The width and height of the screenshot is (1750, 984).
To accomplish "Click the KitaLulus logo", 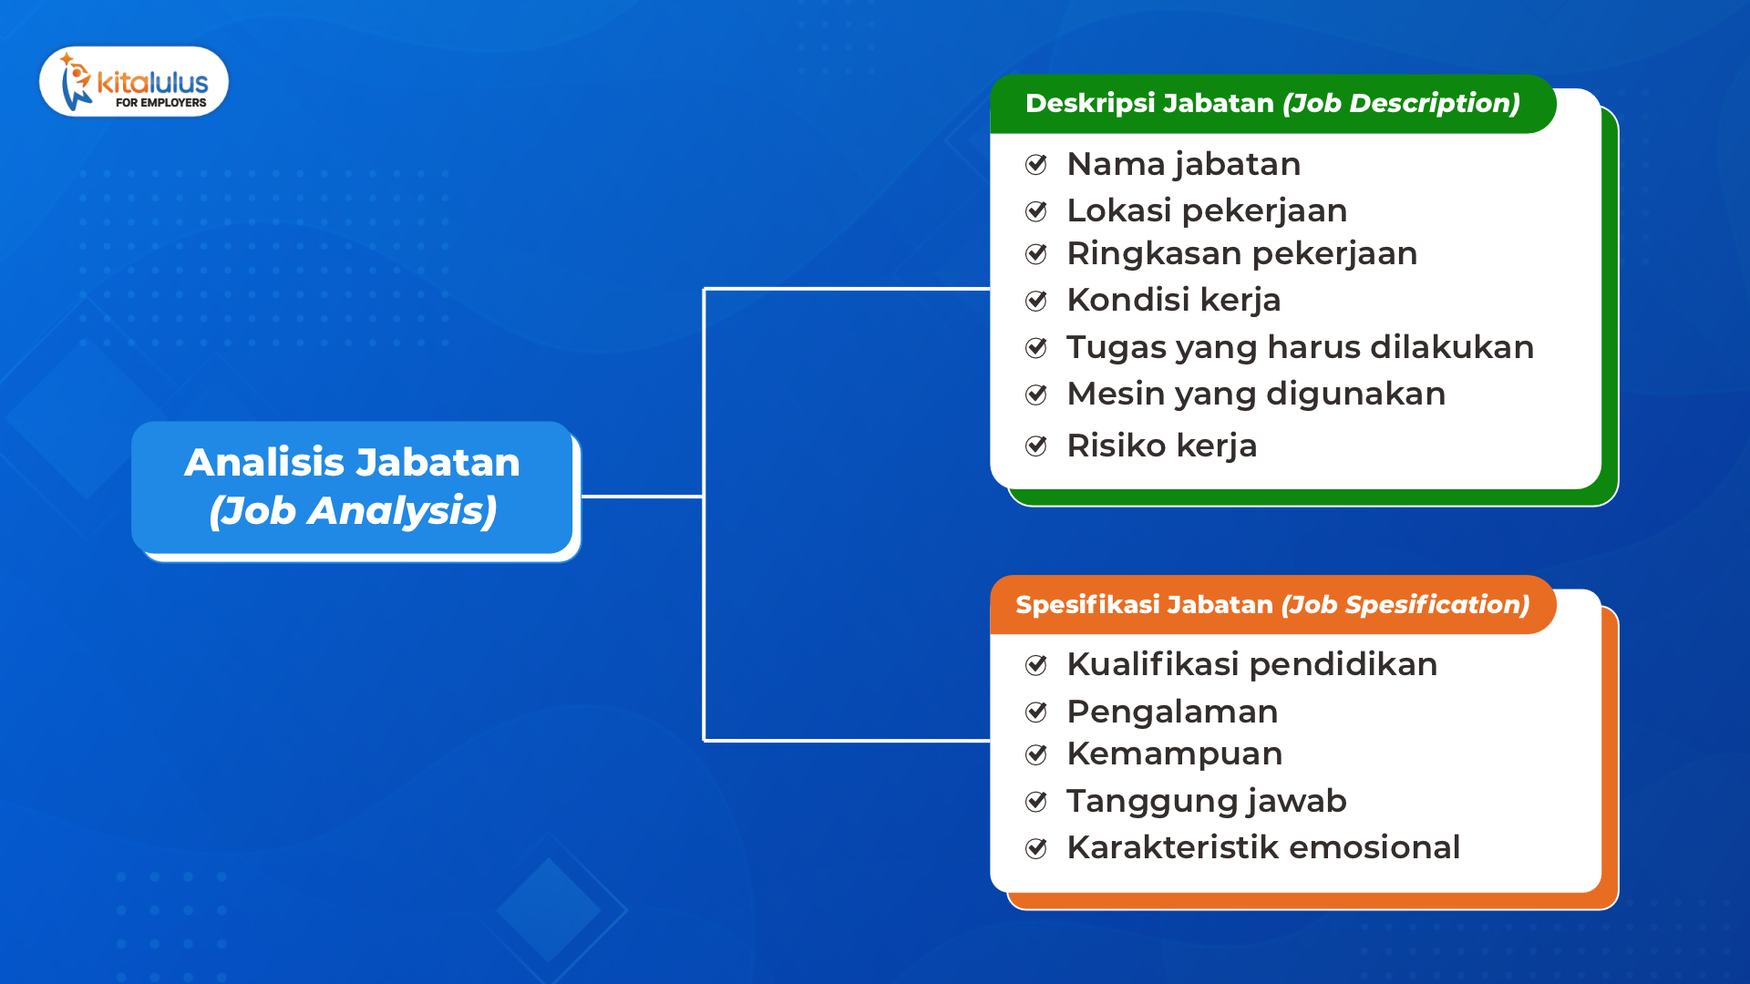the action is (134, 81).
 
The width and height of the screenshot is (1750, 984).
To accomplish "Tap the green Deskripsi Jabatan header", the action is (1272, 104).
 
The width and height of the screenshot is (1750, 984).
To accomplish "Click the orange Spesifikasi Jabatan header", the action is (1272, 605).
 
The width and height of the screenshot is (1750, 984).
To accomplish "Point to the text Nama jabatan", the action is (1183, 165).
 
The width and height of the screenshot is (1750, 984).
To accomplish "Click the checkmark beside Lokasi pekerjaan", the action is (1036, 211).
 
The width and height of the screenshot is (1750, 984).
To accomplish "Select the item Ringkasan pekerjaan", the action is (1241, 254).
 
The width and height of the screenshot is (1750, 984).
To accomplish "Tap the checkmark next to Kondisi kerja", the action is (1036, 301).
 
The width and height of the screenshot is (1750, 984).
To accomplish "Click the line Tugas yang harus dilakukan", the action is (1300, 348).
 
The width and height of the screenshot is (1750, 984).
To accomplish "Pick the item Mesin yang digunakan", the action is (1256, 395).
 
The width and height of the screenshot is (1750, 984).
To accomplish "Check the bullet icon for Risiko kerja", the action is (1036, 446).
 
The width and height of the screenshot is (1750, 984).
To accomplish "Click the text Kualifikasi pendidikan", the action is (1251, 664).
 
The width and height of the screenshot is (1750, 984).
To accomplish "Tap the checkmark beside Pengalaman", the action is (1036, 712).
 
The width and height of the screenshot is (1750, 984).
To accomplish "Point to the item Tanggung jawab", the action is (1206, 802).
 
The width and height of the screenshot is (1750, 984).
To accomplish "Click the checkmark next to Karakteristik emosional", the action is (1036, 848).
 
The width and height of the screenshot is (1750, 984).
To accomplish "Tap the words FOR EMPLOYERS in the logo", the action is (160, 103).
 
